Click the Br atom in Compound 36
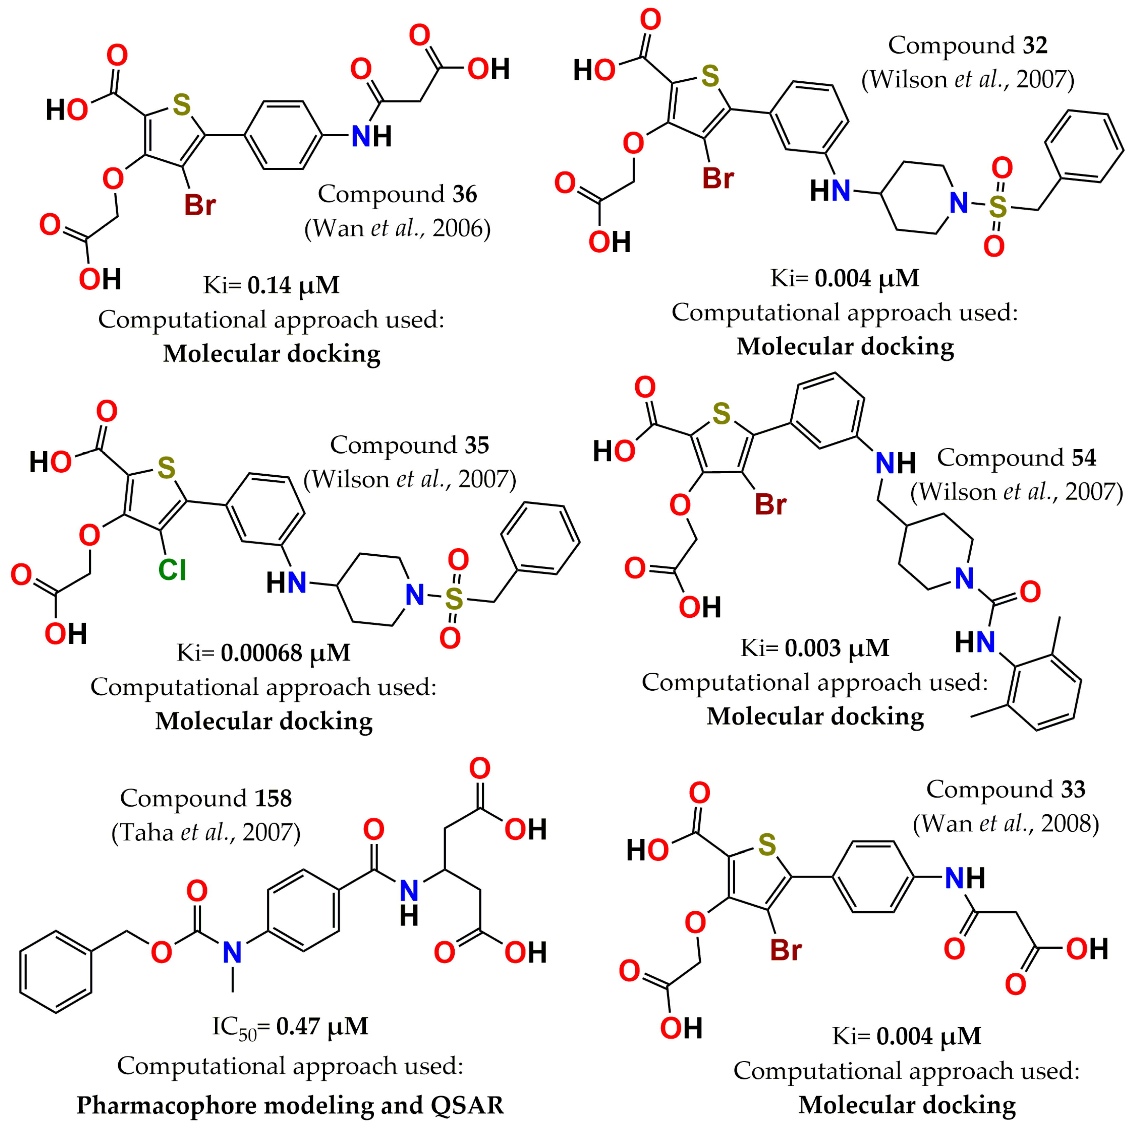[x=200, y=205]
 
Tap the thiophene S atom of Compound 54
[x=721, y=414]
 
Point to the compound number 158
[x=273, y=798]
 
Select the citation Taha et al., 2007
[x=206, y=832]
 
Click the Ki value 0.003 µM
[x=837, y=648]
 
